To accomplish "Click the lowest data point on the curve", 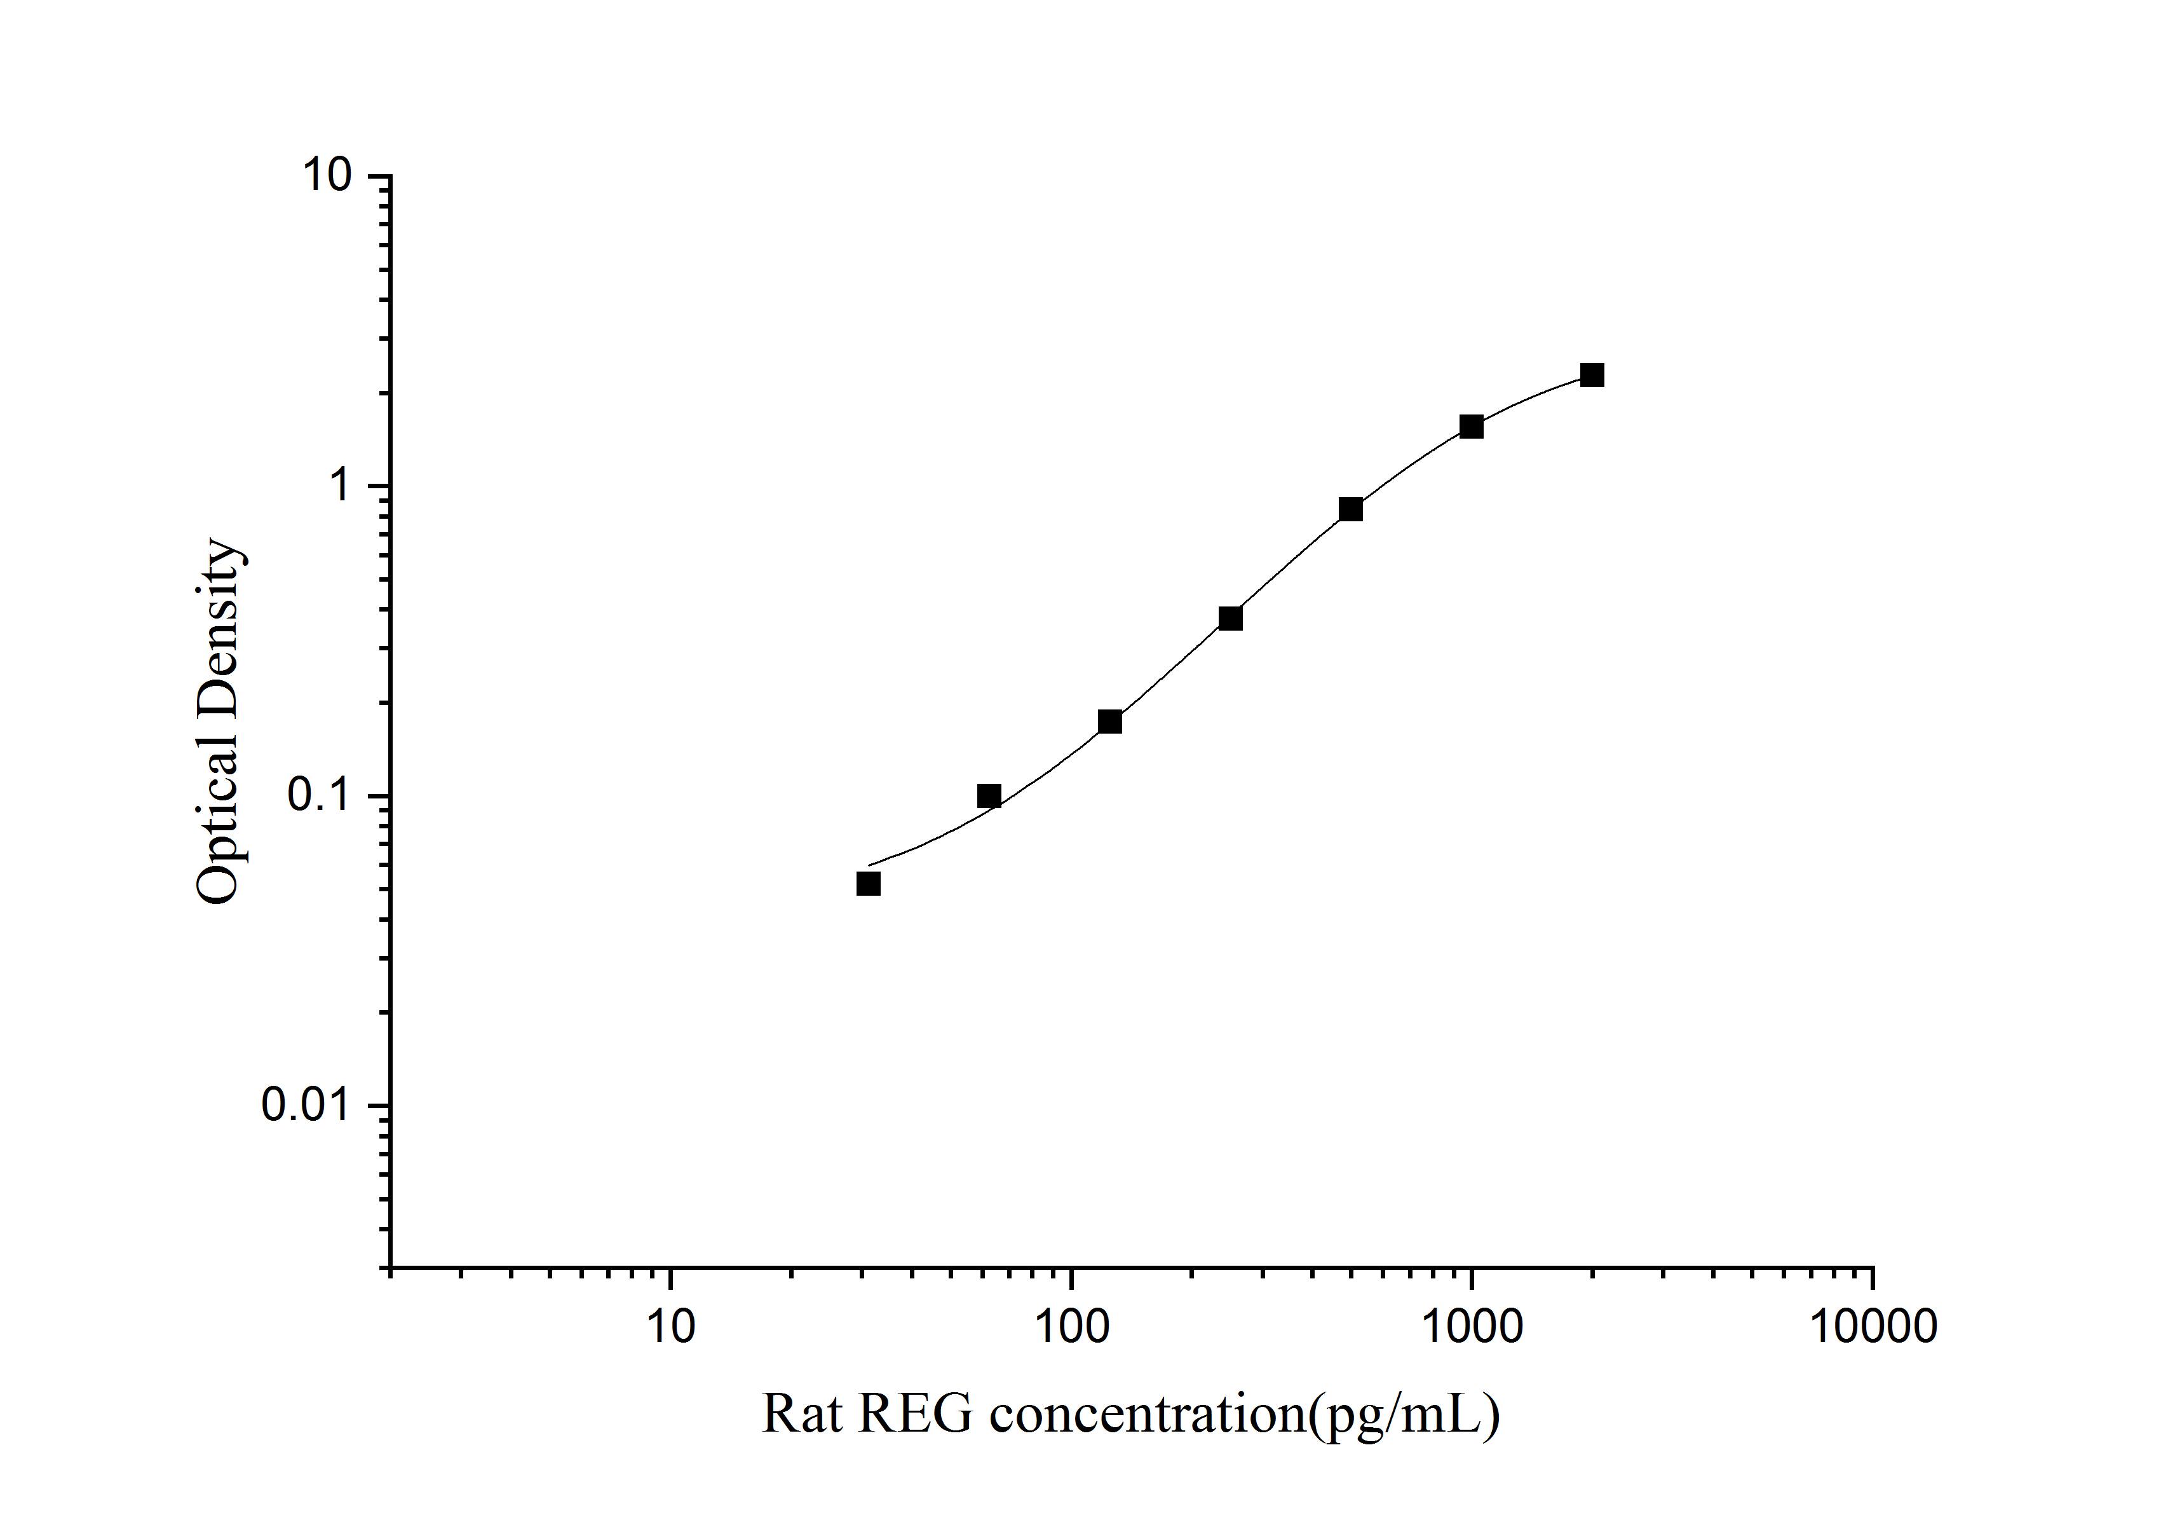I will coord(869,883).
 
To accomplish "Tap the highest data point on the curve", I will coord(1592,375).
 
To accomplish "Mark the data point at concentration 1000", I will coord(1471,427).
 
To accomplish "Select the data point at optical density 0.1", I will coord(989,796).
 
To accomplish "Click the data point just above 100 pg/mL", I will coord(1110,722).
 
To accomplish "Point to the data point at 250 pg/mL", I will coord(1231,619).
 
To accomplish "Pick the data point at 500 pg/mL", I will coord(1351,510).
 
